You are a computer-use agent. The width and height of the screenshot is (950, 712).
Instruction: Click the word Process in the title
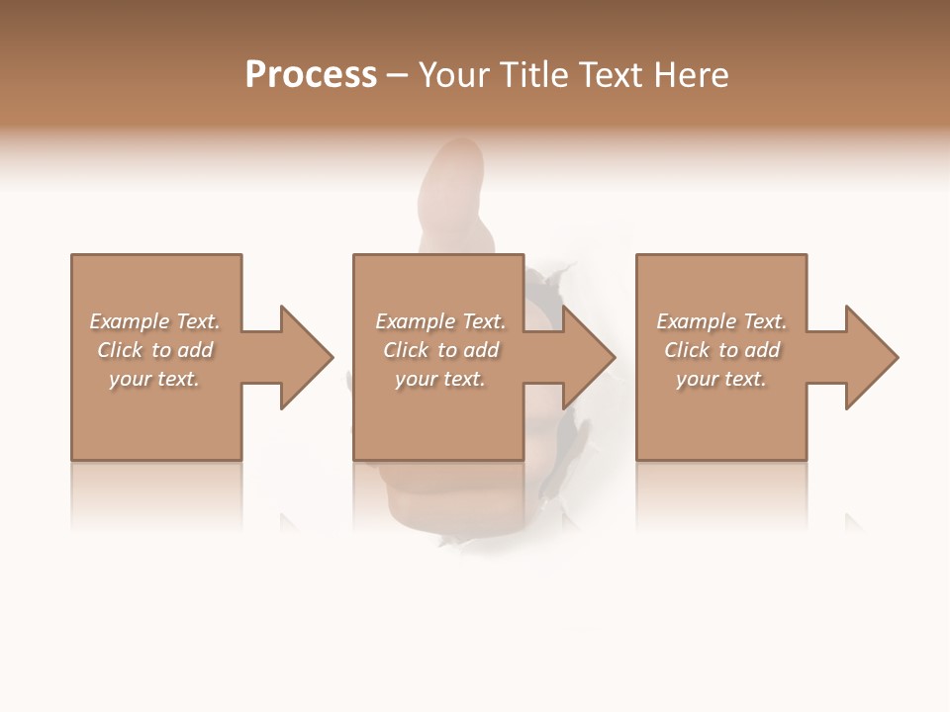click(x=311, y=75)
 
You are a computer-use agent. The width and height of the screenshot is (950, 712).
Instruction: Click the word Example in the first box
click(x=130, y=321)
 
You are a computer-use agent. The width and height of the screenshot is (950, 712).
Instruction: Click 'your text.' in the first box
click(x=154, y=379)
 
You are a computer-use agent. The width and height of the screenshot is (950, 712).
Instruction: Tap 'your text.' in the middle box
click(x=440, y=379)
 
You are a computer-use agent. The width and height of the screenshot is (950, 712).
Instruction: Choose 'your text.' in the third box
click(x=721, y=379)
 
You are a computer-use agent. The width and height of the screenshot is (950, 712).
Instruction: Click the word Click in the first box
click(x=120, y=350)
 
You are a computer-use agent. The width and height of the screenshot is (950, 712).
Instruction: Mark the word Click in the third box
click(x=687, y=350)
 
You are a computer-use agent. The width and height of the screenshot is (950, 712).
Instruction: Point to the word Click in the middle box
click(x=406, y=350)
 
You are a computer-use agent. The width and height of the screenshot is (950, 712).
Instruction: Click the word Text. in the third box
click(x=765, y=321)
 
